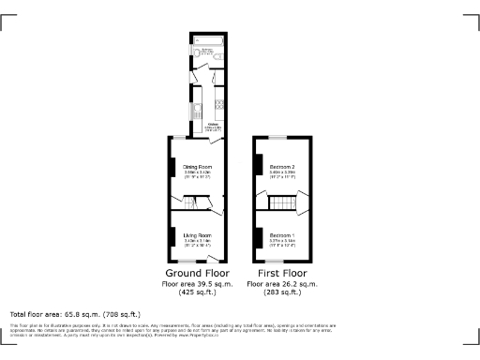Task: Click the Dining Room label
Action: point(197,168)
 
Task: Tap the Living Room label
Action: point(197,234)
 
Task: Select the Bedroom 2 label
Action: point(282,167)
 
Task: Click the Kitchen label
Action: point(212,123)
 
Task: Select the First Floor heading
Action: point(282,273)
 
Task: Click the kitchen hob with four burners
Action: point(219,105)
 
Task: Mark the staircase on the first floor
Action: point(281,202)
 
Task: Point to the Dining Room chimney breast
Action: point(172,167)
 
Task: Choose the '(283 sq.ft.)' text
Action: point(282,292)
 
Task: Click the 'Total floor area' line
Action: point(75,314)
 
